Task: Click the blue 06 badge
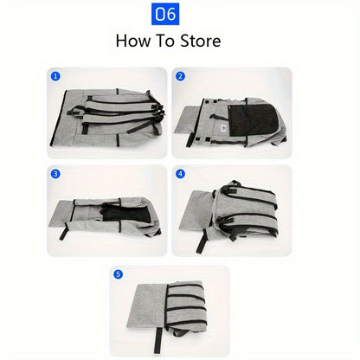coord(165,14)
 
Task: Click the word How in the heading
coord(133,41)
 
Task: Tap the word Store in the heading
coord(201,41)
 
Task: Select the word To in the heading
coord(165,41)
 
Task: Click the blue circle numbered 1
coord(55,76)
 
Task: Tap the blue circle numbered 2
coord(180,76)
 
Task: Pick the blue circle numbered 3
coord(55,174)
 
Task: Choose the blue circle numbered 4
coord(180,174)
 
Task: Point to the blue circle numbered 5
coord(118,274)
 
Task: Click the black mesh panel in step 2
coord(253,119)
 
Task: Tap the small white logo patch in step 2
coord(222,128)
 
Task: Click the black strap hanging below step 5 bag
coord(157,340)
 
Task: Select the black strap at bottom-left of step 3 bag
coord(63,231)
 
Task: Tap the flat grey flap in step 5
coord(148,305)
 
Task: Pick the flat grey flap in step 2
coord(189,119)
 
